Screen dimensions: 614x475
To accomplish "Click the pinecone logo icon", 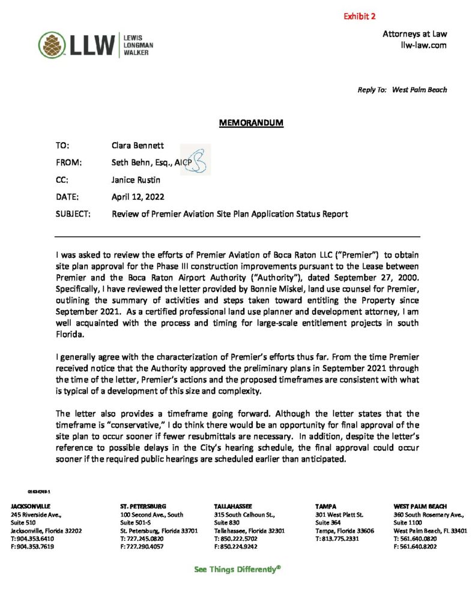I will [x=49, y=44].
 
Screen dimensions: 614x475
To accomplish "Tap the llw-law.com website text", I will [x=423, y=45].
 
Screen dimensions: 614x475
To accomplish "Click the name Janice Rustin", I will [x=136, y=179].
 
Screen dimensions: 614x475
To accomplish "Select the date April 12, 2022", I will [x=138, y=196].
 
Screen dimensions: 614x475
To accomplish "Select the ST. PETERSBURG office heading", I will [x=143, y=507].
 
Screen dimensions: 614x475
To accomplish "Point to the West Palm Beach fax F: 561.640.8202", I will [x=415, y=546].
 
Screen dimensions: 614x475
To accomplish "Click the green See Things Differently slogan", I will [x=237, y=569].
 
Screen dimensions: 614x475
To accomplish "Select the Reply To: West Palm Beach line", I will [x=402, y=90].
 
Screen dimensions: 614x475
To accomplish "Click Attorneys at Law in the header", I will [x=414, y=34].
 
